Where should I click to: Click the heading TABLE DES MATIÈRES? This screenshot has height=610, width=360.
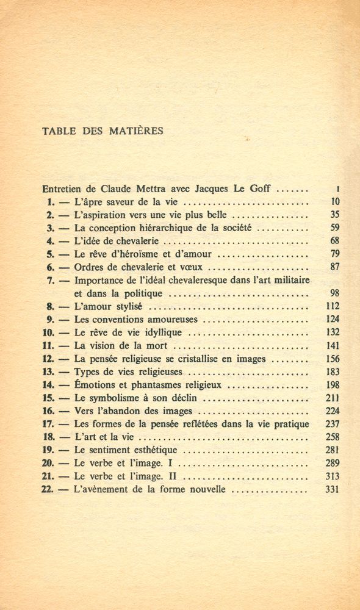(x=102, y=131)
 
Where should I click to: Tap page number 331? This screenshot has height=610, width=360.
(x=332, y=489)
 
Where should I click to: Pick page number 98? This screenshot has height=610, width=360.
(x=334, y=293)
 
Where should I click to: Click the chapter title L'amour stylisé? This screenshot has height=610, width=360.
(x=108, y=306)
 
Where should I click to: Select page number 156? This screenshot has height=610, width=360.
(x=332, y=359)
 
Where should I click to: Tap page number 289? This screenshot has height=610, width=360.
(x=332, y=463)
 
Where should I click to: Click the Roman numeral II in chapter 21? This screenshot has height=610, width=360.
(x=171, y=476)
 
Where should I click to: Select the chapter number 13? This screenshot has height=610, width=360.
(x=49, y=371)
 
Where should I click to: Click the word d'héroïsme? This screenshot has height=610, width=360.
(x=139, y=254)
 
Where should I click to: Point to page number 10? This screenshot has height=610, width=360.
(x=335, y=201)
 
